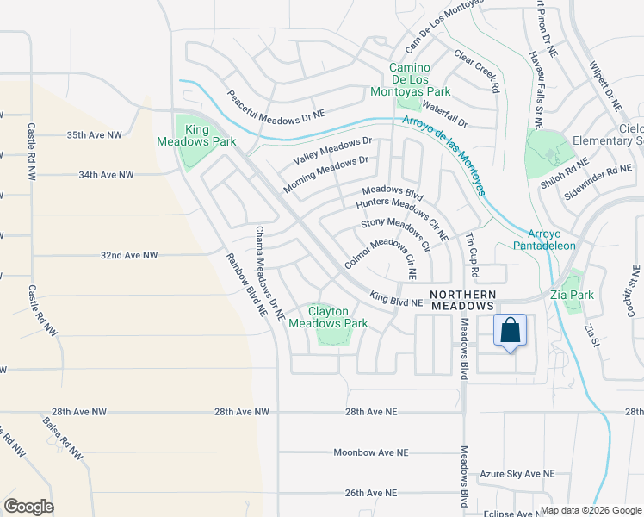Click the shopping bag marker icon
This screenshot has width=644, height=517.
tap(510, 331)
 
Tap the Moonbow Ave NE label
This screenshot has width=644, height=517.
tap(369, 452)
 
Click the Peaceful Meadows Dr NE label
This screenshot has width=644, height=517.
tap(276, 103)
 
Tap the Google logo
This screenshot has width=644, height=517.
tap(28, 507)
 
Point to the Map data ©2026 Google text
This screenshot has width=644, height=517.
tap(591, 510)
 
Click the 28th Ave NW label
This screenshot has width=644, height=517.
tap(242, 413)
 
